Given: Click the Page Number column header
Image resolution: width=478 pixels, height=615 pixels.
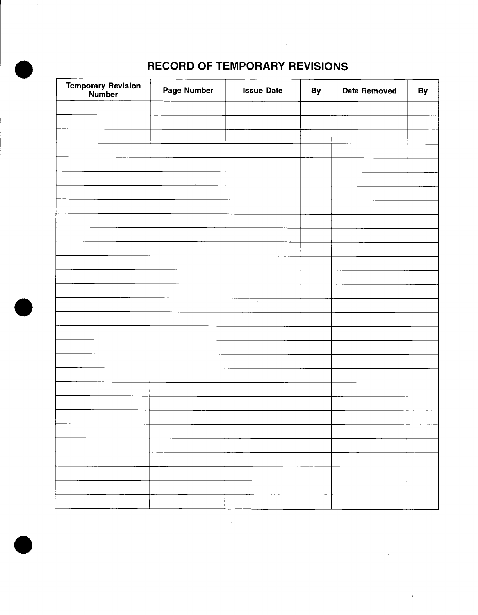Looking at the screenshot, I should (188, 91).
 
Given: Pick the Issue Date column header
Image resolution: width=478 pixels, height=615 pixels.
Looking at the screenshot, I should (262, 91).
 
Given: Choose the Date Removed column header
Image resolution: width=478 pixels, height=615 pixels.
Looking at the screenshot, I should (369, 91).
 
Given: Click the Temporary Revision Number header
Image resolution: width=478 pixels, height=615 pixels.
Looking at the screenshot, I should (103, 90).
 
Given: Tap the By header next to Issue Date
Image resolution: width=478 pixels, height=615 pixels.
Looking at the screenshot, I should (316, 91).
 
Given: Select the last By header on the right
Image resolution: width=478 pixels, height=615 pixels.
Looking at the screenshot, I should (423, 91).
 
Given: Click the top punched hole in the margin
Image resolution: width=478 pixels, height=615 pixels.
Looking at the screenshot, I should (23, 70).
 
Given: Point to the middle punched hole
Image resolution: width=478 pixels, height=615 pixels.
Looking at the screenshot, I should (23, 307).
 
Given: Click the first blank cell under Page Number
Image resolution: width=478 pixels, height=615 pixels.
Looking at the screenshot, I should (187, 108).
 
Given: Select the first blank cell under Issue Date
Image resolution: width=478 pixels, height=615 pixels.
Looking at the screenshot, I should (262, 108).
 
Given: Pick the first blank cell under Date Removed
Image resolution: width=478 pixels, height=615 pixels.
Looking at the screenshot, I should (369, 108).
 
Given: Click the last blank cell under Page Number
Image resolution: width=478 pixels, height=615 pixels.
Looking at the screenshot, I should (187, 502).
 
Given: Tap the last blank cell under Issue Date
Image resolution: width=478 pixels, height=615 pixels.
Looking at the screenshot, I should (262, 502).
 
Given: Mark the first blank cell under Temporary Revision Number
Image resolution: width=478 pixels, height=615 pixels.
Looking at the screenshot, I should (103, 108).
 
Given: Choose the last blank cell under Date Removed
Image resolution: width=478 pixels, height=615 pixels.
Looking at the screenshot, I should (369, 502).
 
